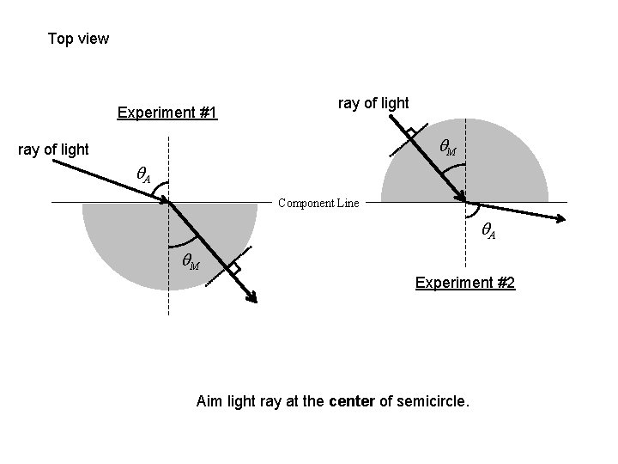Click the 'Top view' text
coord(78,39)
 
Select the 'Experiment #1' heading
coord(167,113)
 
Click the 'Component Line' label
coord(318,204)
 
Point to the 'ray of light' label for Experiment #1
coord(53,150)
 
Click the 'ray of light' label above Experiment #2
coord(373,103)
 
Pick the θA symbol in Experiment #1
coord(144,175)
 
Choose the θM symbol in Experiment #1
coord(190,262)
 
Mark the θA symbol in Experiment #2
coord(487,229)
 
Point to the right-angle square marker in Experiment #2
coord(412,134)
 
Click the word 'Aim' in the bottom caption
coord(209,400)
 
